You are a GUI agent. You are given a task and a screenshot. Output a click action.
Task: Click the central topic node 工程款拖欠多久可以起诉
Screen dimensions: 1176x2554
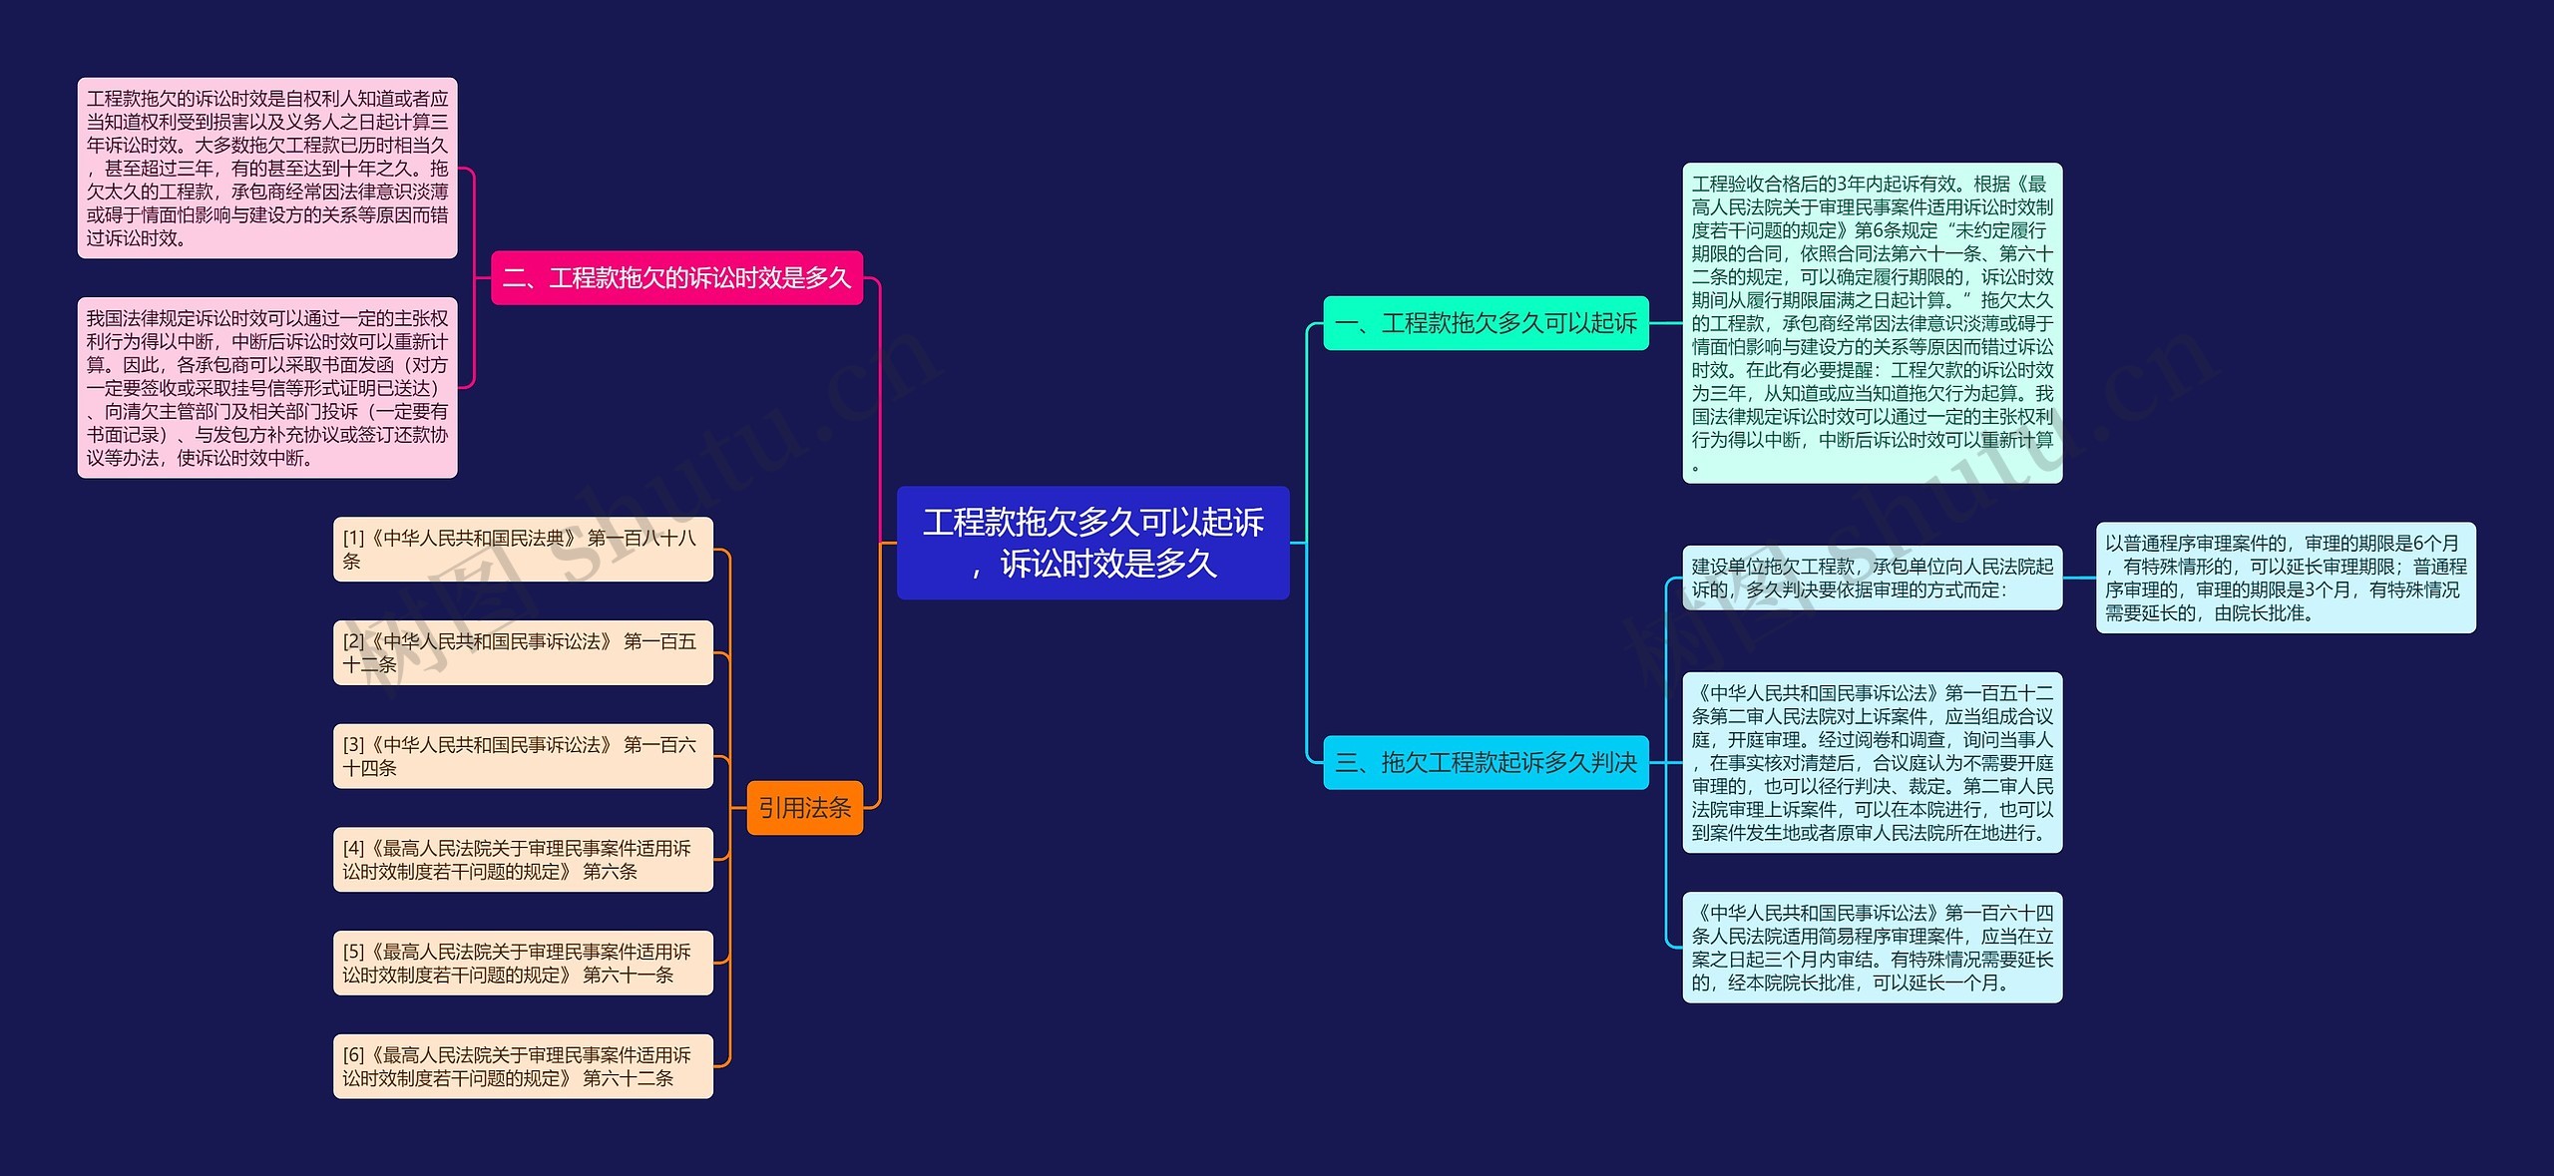[1092, 543]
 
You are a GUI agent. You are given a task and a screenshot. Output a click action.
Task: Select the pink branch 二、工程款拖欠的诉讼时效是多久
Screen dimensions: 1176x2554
[676, 277]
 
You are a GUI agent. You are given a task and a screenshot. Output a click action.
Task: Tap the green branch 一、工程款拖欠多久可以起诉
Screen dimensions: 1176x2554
[1486, 323]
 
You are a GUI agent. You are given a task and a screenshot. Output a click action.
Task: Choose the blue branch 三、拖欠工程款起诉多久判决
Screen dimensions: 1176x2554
[1486, 763]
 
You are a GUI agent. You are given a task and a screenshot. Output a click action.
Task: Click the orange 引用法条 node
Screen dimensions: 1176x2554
[804, 808]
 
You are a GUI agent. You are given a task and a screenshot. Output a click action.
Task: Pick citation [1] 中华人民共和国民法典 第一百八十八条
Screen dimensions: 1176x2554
[523, 550]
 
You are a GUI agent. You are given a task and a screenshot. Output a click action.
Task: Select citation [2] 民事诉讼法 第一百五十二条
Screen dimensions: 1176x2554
[523, 652]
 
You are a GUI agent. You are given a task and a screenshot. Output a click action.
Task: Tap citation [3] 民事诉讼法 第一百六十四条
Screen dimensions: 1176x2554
[523, 756]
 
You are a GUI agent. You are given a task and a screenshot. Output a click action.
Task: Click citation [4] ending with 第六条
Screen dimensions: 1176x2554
[523, 860]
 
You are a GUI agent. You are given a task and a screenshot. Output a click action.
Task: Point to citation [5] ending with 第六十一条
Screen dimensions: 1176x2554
[523, 964]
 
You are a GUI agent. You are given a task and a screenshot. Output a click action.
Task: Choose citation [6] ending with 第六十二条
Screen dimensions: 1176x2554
[523, 1066]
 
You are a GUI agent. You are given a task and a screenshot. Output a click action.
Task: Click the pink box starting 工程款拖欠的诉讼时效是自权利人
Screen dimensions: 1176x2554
[267, 169]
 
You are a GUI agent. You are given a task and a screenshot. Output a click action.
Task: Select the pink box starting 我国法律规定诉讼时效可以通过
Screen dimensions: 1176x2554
[267, 388]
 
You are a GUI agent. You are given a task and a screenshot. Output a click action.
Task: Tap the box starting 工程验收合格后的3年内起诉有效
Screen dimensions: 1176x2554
[1872, 323]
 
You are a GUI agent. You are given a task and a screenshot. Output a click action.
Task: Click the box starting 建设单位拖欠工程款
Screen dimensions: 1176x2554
[1872, 579]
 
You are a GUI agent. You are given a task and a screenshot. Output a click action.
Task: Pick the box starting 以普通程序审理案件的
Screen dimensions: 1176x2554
[2285, 578]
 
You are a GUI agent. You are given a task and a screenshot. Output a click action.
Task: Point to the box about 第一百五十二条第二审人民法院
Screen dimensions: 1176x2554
[1872, 763]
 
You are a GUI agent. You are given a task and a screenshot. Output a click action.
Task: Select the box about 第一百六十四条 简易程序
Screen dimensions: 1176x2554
[1872, 948]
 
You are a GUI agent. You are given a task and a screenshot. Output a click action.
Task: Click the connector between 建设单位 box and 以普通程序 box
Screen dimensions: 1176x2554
[2079, 578]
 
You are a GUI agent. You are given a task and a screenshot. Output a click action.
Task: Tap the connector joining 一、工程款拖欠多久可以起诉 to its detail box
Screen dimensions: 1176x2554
[1665, 323]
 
